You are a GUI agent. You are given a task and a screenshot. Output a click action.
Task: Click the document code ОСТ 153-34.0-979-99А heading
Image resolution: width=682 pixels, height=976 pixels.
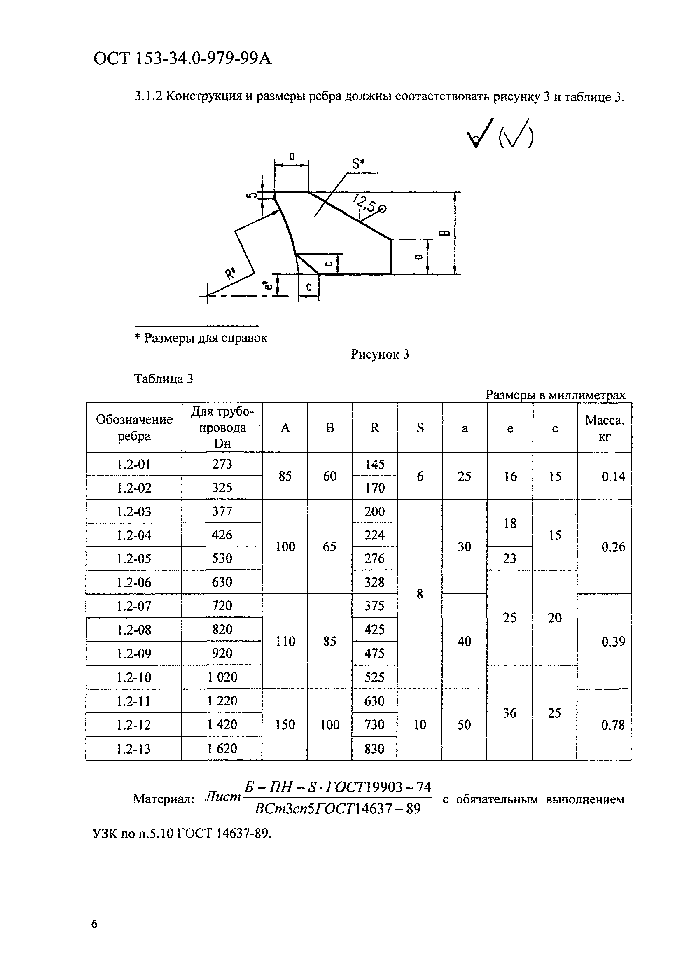coord(182,58)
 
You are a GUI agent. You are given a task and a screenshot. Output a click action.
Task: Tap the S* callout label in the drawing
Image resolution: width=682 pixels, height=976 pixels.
coord(358,163)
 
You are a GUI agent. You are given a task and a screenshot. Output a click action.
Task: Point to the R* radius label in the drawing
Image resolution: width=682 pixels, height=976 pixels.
coord(231,273)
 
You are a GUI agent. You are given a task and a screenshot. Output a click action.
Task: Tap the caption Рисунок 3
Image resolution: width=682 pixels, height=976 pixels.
coord(379,354)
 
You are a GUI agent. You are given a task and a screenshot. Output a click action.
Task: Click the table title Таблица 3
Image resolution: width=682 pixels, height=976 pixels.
coord(163,378)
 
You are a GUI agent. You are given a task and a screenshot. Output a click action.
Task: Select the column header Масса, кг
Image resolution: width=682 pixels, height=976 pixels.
coord(604,427)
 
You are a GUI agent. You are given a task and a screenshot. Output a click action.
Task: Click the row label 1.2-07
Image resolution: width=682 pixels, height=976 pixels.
coord(134,606)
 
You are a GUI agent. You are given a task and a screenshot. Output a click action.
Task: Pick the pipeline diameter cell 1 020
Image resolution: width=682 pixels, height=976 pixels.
coord(222,677)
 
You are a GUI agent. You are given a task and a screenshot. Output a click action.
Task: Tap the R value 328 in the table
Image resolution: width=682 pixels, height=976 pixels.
coord(374,582)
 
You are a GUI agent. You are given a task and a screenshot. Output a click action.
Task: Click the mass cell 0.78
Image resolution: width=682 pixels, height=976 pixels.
coord(613,725)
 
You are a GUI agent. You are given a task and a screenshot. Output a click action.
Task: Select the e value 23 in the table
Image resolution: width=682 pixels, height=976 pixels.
coord(509,558)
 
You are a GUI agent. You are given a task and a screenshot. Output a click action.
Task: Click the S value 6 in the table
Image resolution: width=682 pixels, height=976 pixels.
coord(420,476)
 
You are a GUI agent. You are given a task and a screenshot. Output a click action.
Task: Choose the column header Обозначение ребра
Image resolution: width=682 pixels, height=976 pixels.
coord(134,427)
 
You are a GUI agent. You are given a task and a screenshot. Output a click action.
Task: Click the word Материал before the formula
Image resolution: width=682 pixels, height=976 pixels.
coord(163,799)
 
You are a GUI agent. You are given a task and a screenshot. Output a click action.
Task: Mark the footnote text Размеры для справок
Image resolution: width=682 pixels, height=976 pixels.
coord(206,338)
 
